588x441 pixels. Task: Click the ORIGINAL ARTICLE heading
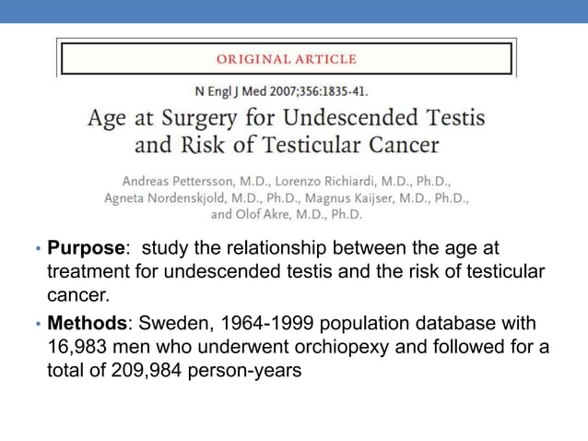tap(286, 59)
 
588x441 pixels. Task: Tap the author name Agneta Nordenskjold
tap(167, 197)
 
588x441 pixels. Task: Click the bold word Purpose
tap(86, 249)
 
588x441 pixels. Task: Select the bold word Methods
tap(87, 326)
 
